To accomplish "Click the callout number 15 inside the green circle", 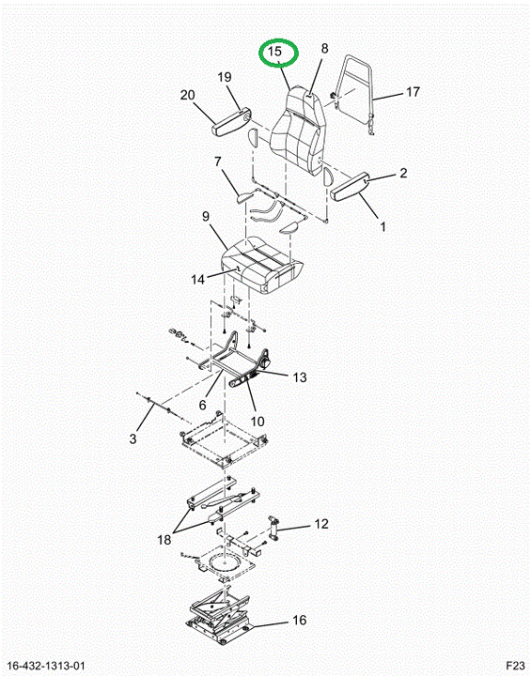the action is click(x=274, y=52).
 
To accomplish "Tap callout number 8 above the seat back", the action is click(x=324, y=48).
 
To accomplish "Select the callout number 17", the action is click(x=413, y=92).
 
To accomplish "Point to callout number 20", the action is click(x=187, y=95).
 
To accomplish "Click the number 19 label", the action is click(x=224, y=77).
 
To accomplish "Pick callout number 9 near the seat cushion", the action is click(x=206, y=217).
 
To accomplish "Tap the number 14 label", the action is click(x=197, y=280).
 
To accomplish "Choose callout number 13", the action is click(x=300, y=377).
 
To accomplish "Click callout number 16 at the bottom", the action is click(x=299, y=621).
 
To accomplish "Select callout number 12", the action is click(x=321, y=524).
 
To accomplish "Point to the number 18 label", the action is click(x=164, y=539).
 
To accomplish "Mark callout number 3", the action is click(x=133, y=438).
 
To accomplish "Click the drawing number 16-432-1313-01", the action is click(x=43, y=666).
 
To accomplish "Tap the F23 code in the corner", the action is click(x=515, y=665).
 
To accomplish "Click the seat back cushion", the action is click(x=298, y=130).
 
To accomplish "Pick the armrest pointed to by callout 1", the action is click(x=349, y=186).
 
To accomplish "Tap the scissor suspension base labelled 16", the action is click(x=220, y=617).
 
